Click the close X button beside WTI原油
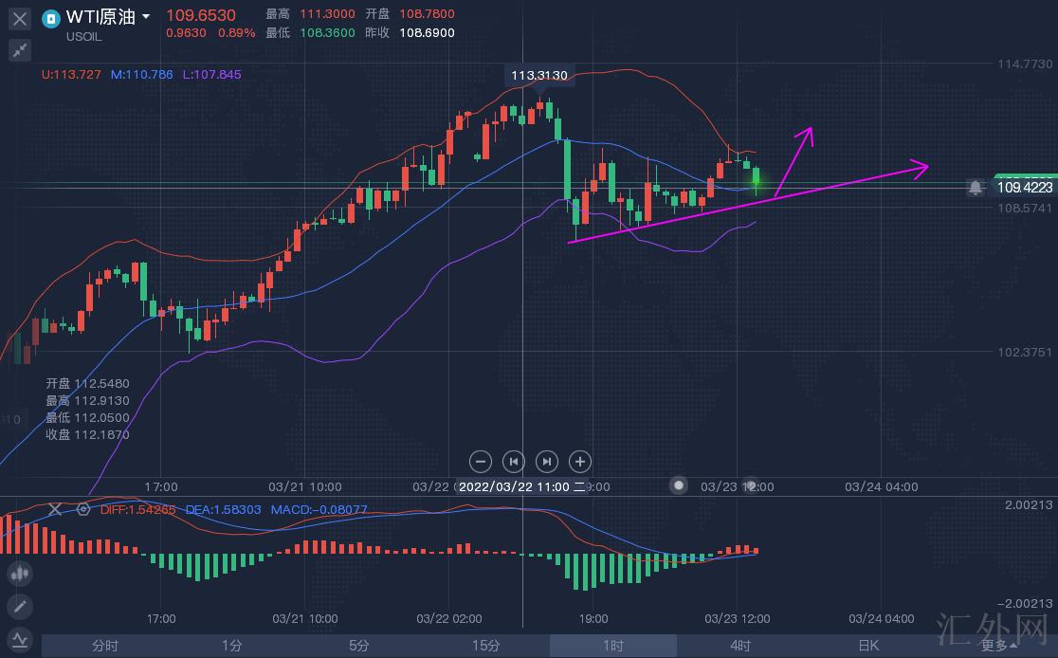click(19, 18)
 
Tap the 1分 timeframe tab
click(232, 646)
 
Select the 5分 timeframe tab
click(358, 646)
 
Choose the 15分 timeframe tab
click(485, 646)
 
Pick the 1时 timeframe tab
click(612, 646)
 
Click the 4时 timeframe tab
click(739, 646)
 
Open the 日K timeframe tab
click(867, 646)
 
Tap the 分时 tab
click(105, 646)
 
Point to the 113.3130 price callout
click(538, 75)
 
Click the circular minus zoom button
click(481, 462)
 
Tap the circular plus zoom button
click(579, 462)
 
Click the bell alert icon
click(976, 188)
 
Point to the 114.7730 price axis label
click(1024, 64)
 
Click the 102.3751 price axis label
click(1024, 352)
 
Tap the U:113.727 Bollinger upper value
click(72, 74)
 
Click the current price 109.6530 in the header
click(200, 15)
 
